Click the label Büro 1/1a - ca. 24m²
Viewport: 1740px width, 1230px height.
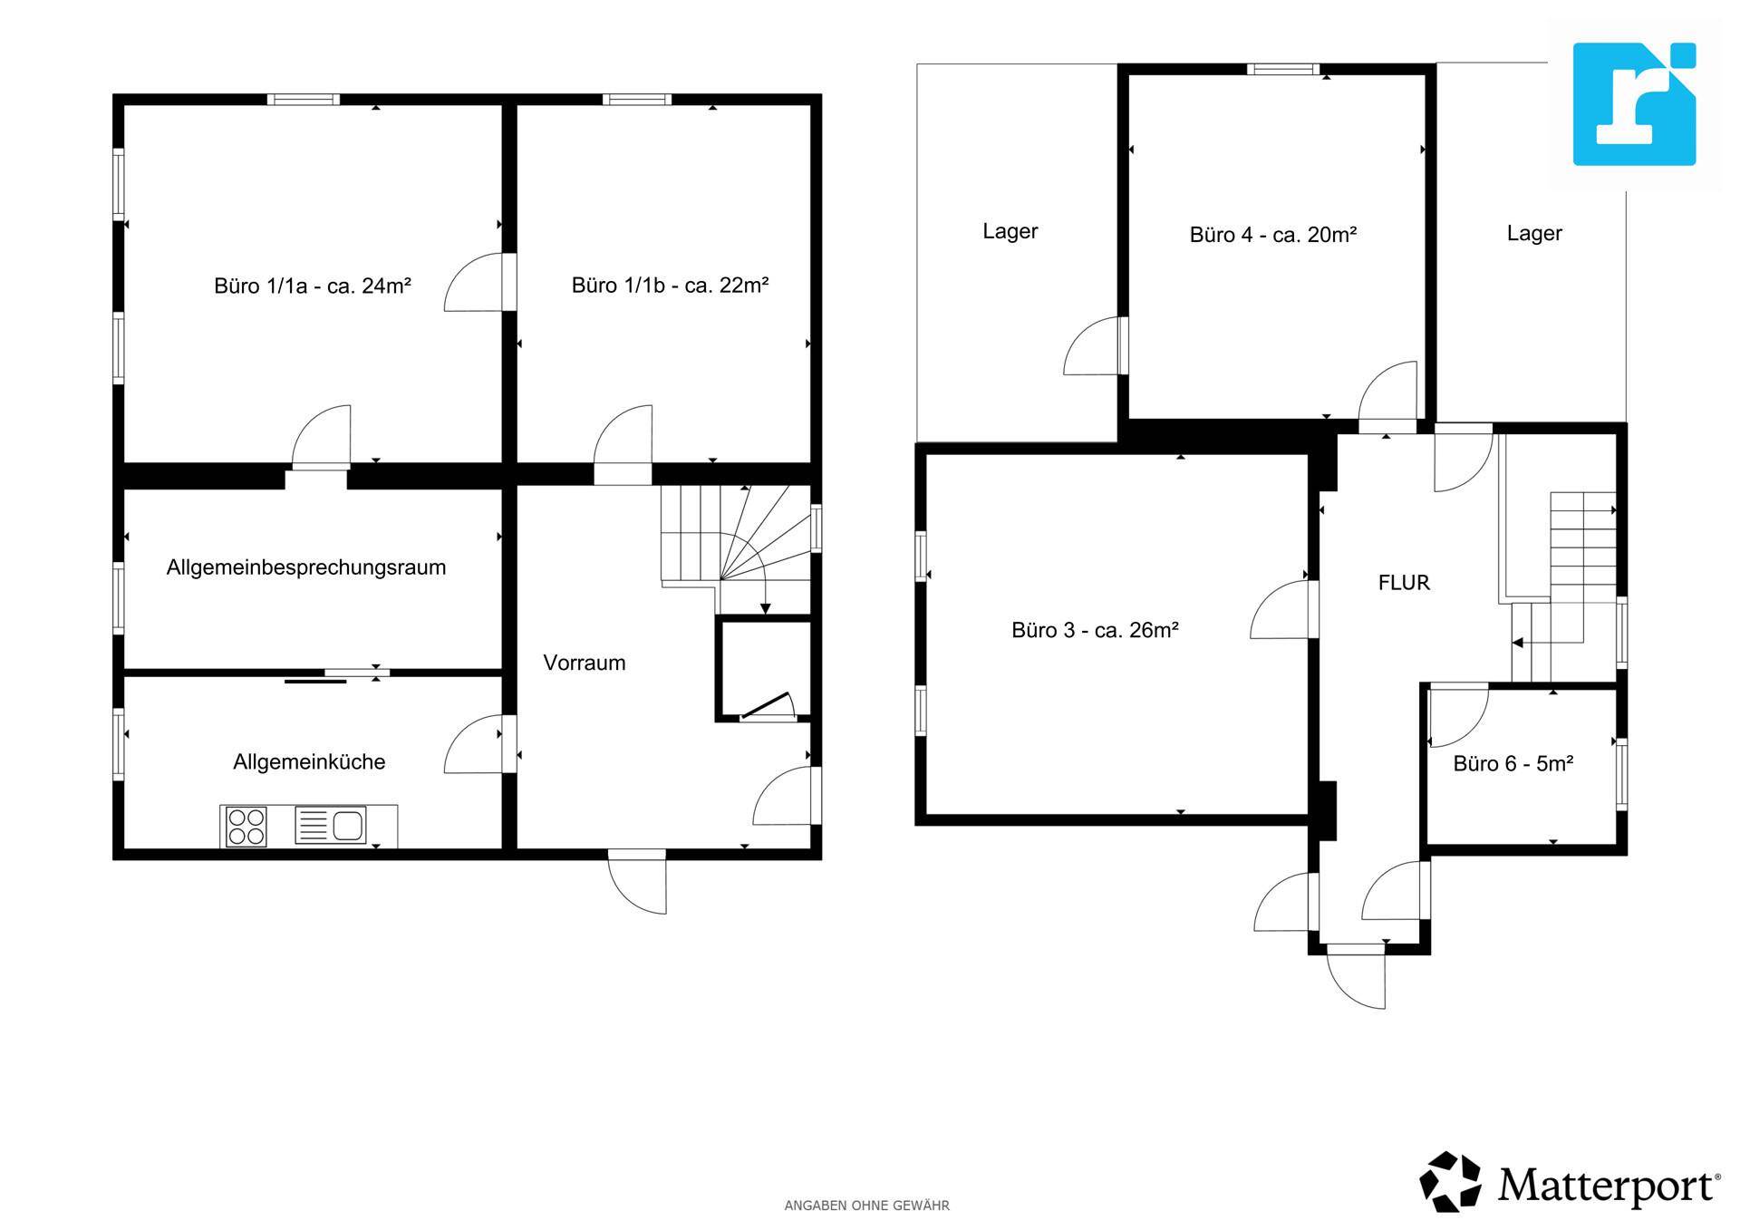[313, 286]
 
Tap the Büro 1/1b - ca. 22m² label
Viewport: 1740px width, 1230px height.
[670, 285]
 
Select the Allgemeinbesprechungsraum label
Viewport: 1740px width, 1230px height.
[306, 567]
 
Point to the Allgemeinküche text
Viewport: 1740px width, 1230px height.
[309, 761]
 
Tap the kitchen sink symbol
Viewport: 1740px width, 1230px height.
[331, 826]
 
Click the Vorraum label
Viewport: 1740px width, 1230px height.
[585, 663]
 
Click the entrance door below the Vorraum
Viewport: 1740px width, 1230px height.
[637, 881]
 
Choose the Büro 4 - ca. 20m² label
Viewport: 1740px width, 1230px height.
[1272, 235]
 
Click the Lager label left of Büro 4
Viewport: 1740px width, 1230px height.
[1010, 231]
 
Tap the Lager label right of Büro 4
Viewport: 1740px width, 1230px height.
[1534, 233]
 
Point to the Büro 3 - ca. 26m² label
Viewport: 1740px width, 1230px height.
[1095, 630]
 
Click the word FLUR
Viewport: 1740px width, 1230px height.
[1404, 583]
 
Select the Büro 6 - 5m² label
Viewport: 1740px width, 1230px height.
[1513, 764]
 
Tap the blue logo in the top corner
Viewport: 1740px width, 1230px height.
[1634, 104]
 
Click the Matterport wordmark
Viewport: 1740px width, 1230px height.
[1609, 1185]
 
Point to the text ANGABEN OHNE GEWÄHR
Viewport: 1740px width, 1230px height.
[866, 1206]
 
